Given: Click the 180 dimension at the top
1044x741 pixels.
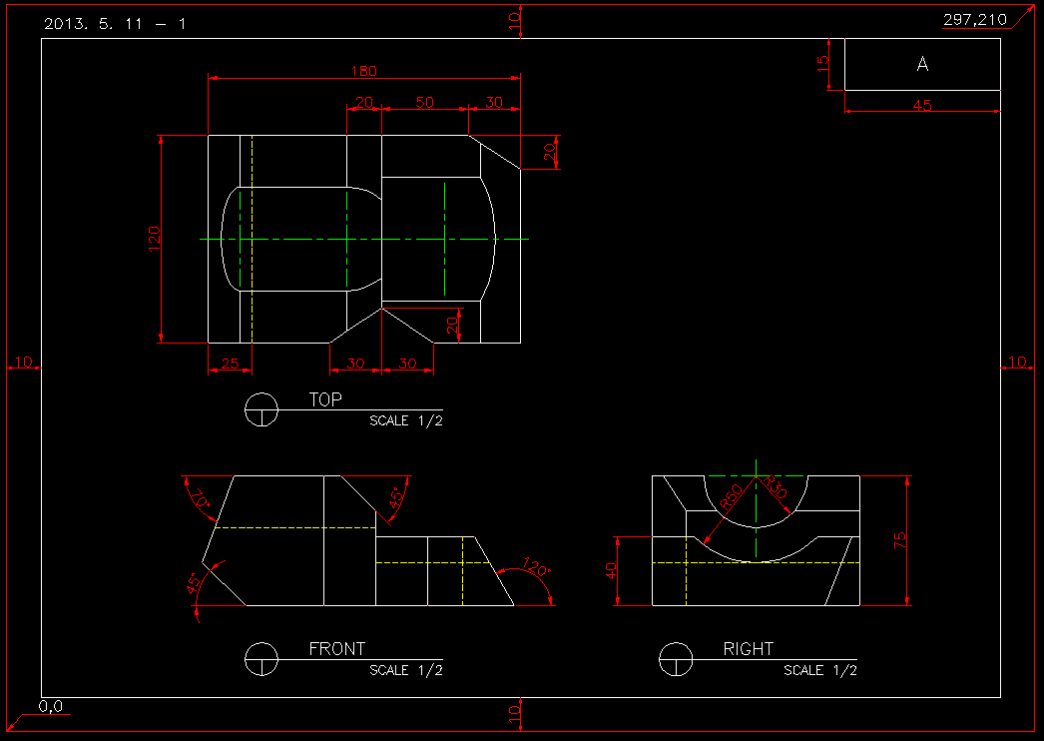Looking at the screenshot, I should tap(364, 71).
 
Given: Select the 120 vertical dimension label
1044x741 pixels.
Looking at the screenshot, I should tap(155, 239).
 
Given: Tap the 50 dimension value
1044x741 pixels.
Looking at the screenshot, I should tap(424, 102).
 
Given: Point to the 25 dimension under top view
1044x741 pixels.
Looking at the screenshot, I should tap(230, 364).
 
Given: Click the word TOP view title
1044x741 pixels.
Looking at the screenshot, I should tap(325, 399).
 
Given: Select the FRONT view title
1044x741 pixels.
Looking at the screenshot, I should tap(336, 649).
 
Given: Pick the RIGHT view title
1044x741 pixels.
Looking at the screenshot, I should tap(748, 649).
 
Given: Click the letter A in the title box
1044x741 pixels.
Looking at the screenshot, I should tap(922, 64).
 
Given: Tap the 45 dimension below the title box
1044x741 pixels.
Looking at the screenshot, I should tap(922, 105).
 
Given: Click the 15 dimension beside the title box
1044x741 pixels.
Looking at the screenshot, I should tap(823, 64).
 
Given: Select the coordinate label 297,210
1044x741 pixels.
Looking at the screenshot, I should tap(974, 20).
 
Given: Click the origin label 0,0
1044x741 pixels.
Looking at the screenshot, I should tap(52, 707).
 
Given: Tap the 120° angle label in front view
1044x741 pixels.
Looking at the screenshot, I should tap(536, 570).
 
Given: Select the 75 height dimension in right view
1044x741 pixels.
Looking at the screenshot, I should tap(900, 540).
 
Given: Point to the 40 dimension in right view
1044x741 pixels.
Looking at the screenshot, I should tap(612, 570).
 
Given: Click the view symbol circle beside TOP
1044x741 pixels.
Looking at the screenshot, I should tap(261, 409).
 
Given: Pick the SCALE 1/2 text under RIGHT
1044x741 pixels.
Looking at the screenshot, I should tap(819, 670).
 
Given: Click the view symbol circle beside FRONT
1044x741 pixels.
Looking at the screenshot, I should tap(261, 659).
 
